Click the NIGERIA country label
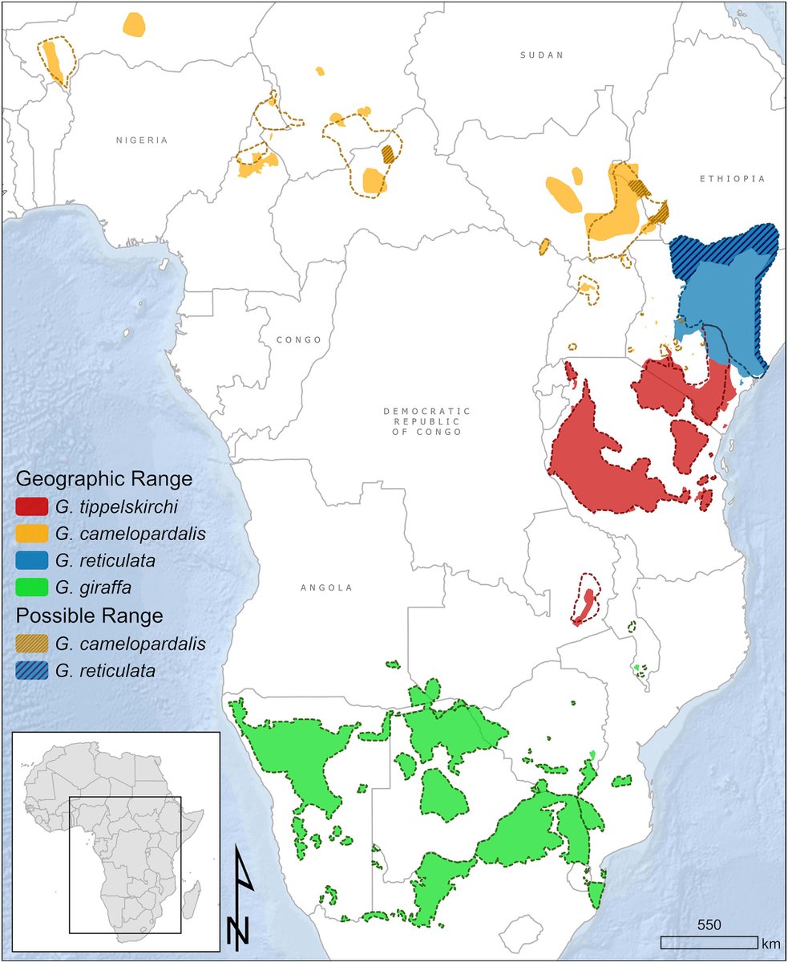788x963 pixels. click(142, 140)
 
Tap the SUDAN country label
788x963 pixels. click(542, 55)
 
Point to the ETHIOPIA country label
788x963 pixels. click(732, 179)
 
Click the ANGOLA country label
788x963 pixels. click(327, 587)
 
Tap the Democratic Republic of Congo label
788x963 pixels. click(426, 421)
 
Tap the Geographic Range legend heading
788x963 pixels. click(104, 480)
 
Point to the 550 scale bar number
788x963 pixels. click(709, 924)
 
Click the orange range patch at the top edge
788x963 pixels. click(135, 23)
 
